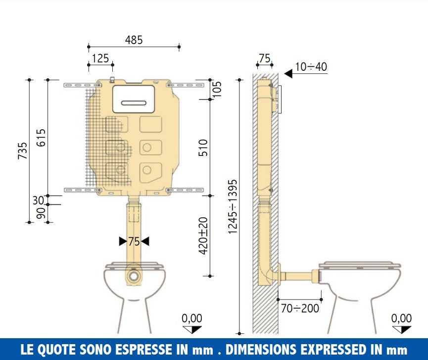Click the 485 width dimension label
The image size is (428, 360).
(x=134, y=40)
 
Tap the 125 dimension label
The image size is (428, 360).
(x=100, y=58)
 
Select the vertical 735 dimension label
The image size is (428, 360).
(x=23, y=151)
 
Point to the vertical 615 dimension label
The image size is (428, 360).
(x=41, y=138)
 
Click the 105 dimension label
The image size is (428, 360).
(x=217, y=89)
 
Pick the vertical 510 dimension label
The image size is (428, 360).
(x=203, y=148)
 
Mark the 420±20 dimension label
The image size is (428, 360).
(x=203, y=236)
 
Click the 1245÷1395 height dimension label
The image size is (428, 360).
(x=232, y=207)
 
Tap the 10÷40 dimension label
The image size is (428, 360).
(x=311, y=67)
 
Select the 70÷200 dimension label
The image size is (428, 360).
(x=300, y=309)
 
